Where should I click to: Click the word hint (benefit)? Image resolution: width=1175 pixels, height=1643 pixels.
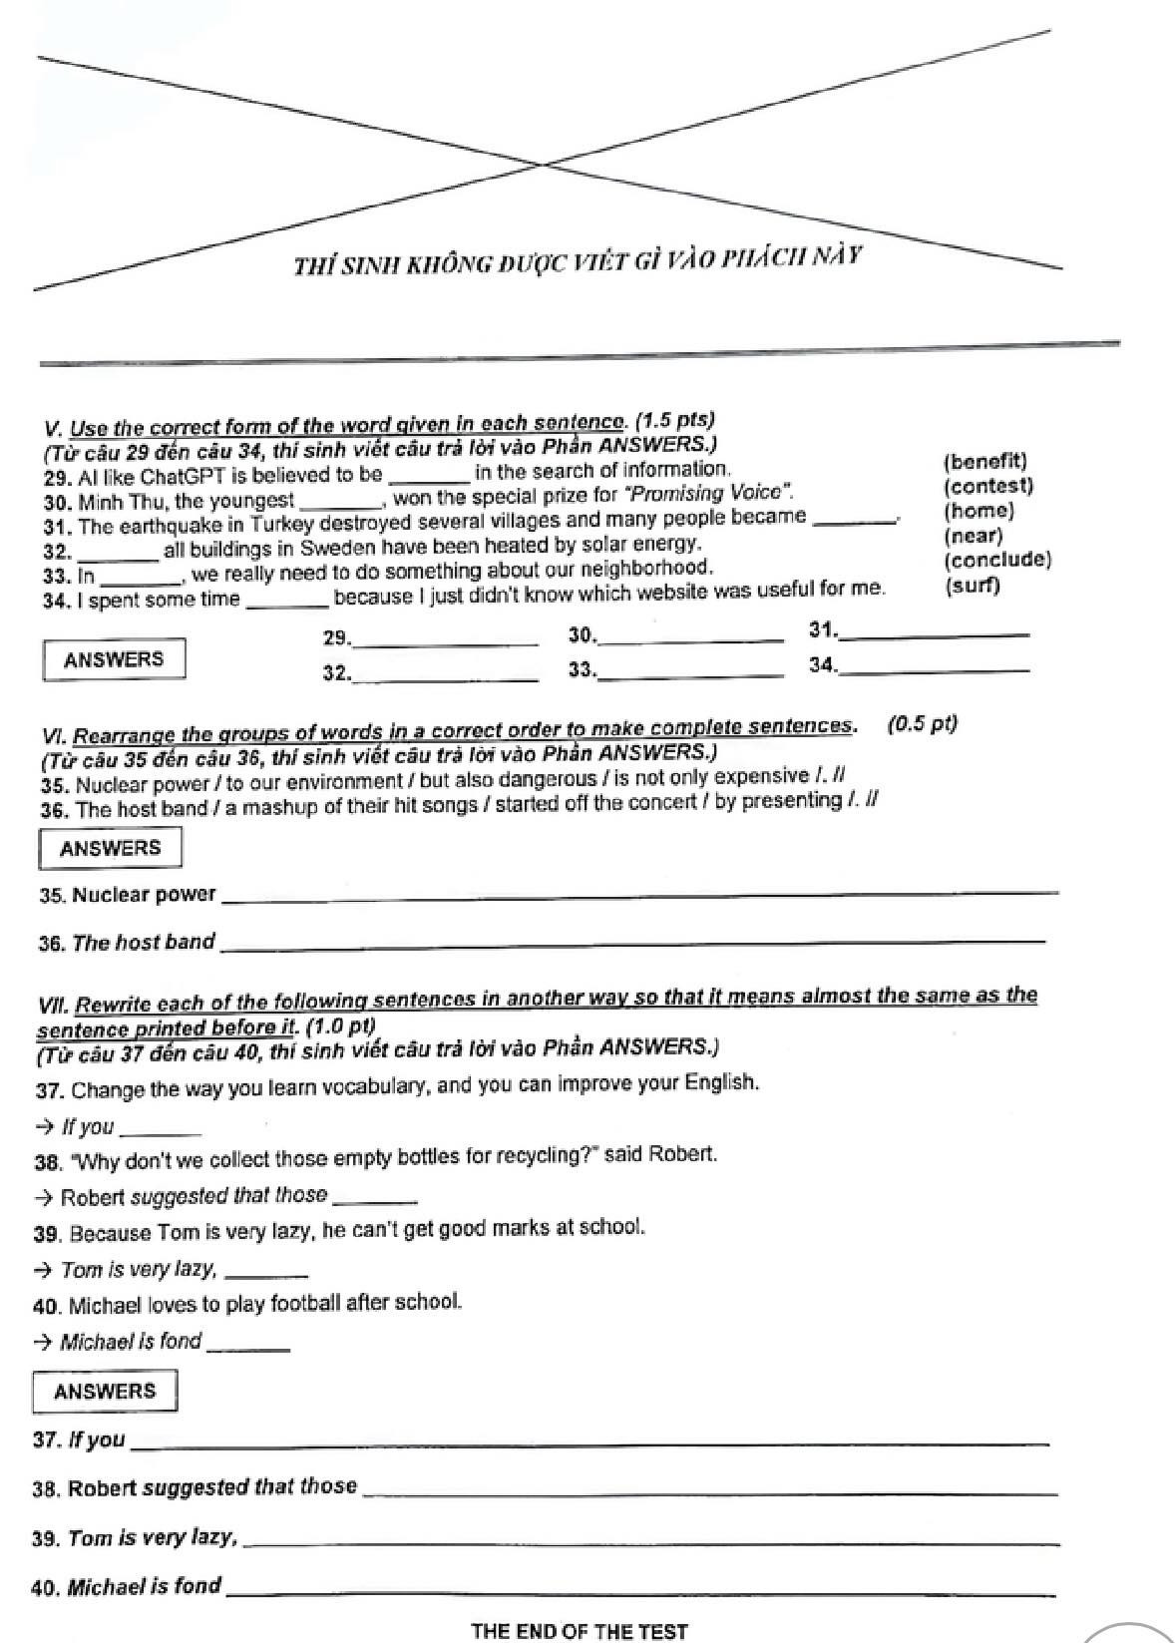tap(983, 462)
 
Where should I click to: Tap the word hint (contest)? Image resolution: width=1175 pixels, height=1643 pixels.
tap(987, 487)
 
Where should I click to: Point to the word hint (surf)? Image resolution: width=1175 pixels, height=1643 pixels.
tap(972, 586)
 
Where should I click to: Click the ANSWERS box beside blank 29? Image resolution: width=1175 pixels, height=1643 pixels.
tap(114, 659)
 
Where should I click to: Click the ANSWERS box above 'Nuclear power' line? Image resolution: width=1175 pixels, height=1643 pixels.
tap(110, 849)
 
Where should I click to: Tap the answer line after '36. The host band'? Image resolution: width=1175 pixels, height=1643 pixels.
tap(633, 940)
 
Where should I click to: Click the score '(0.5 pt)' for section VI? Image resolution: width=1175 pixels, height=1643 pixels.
tap(922, 724)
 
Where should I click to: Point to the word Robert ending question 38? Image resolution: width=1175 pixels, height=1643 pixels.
tap(682, 1154)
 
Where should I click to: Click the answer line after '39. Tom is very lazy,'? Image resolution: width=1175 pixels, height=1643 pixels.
tap(648, 1542)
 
